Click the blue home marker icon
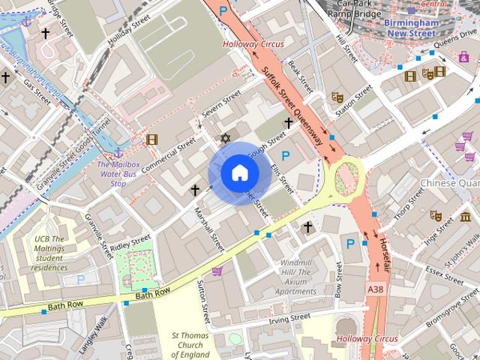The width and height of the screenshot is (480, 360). tap(239, 173)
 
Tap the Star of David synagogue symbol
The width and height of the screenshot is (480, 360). tap(224, 138)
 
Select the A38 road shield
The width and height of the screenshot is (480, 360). tap(376, 288)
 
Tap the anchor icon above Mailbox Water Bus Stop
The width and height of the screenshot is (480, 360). tap(118, 153)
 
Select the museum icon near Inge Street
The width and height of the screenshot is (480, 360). tap(456, 218)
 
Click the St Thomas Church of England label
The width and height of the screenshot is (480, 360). tap(190, 345)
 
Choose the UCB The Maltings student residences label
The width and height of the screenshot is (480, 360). tap(49, 253)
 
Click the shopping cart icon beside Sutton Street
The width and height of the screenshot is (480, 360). tap(217, 270)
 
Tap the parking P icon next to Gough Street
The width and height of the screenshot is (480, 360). tap(285, 155)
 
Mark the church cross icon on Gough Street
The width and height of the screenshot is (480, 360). tap(288, 122)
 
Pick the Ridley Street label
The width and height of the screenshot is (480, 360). tap(130, 244)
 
